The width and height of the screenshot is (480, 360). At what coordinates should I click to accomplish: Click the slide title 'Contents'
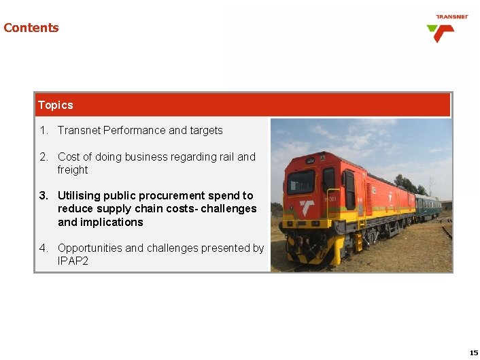point(31,28)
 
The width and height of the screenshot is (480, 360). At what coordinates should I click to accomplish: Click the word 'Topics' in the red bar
point(56,105)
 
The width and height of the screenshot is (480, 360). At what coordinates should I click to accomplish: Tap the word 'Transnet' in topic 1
point(79,130)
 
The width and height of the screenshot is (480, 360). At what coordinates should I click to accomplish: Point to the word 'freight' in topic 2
point(73,169)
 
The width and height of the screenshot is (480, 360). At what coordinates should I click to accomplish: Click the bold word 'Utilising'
point(79,195)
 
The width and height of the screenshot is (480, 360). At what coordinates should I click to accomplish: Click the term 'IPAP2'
point(73,261)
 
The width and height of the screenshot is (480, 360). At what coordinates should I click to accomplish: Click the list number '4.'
point(44,248)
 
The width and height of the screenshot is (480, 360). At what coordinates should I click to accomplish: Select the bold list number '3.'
point(44,195)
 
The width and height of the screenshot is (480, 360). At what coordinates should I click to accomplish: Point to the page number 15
point(473,353)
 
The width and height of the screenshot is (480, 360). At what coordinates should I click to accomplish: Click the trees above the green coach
point(408,182)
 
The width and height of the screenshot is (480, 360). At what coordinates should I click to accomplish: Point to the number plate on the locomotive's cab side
point(330,199)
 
